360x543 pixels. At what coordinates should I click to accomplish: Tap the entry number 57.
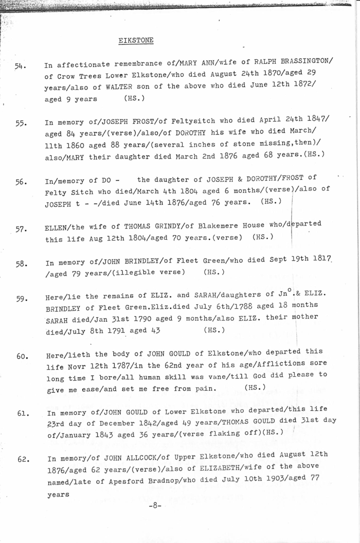(x=21, y=229)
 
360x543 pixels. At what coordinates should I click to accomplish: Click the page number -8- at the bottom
(x=155, y=505)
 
